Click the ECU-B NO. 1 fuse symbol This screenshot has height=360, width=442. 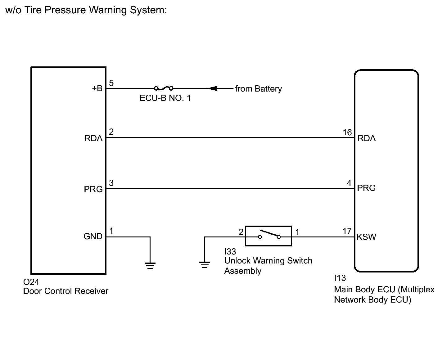click(x=164, y=88)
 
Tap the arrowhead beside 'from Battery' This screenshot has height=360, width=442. click(x=213, y=88)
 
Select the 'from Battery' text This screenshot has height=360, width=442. click(x=258, y=89)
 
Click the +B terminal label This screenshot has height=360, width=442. click(x=97, y=88)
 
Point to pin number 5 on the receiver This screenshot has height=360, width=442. click(x=111, y=83)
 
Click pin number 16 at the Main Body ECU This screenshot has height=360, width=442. click(x=347, y=133)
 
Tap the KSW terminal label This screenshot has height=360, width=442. click(x=366, y=237)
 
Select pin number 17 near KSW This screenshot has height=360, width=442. click(x=347, y=231)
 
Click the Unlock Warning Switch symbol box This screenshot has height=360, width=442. click(x=268, y=236)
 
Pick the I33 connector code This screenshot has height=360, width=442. click(x=230, y=251)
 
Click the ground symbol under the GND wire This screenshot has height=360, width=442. click(x=150, y=265)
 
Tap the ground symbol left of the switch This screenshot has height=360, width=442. click(x=205, y=265)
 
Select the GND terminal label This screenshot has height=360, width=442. click(x=93, y=236)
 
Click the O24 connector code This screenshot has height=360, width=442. click(x=31, y=282)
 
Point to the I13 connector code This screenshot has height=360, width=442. click(x=340, y=278)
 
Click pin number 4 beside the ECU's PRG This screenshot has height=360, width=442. click(x=349, y=183)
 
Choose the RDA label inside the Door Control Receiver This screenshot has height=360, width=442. click(x=93, y=138)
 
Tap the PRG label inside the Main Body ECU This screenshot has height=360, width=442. click(x=366, y=188)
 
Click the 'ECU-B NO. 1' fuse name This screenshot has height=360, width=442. click(x=165, y=98)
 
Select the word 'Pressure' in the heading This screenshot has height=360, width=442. click(x=65, y=10)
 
